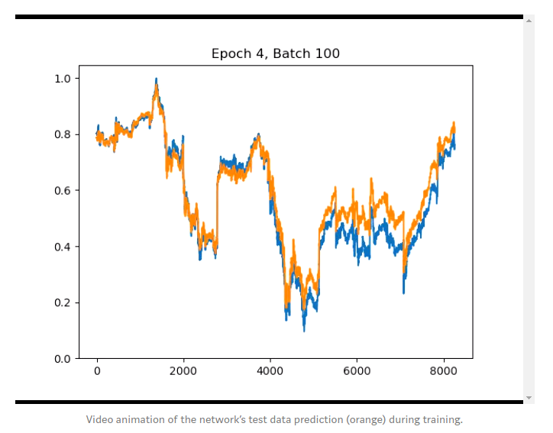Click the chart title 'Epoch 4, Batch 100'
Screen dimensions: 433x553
click(276, 53)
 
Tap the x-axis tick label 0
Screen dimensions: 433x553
click(97, 371)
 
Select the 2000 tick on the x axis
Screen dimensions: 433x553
click(183, 371)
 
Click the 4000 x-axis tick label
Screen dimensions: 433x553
click(270, 371)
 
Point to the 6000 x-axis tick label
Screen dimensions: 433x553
click(357, 371)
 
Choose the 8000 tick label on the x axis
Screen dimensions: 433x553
click(443, 371)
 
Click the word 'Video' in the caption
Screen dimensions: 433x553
click(99, 419)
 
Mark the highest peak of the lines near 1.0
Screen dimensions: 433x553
click(156, 79)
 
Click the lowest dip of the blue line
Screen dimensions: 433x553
click(304, 330)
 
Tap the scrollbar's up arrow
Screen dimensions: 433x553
click(529, 20)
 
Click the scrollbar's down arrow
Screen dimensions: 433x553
click(529, 398)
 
